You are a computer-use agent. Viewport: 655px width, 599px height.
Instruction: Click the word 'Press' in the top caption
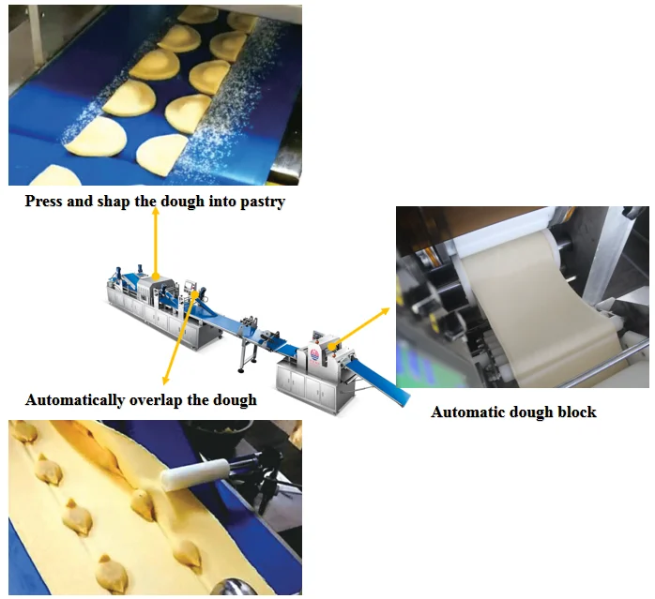[x=44, y=201]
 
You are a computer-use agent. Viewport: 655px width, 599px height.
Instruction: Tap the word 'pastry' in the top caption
[x=262, y=201]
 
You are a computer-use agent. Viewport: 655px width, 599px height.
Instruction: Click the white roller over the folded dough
[x=192, y=473]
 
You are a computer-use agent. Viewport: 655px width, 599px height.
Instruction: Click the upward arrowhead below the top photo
[x=156, y=215]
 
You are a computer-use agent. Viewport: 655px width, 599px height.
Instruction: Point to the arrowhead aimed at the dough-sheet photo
[x=388, y=307]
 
